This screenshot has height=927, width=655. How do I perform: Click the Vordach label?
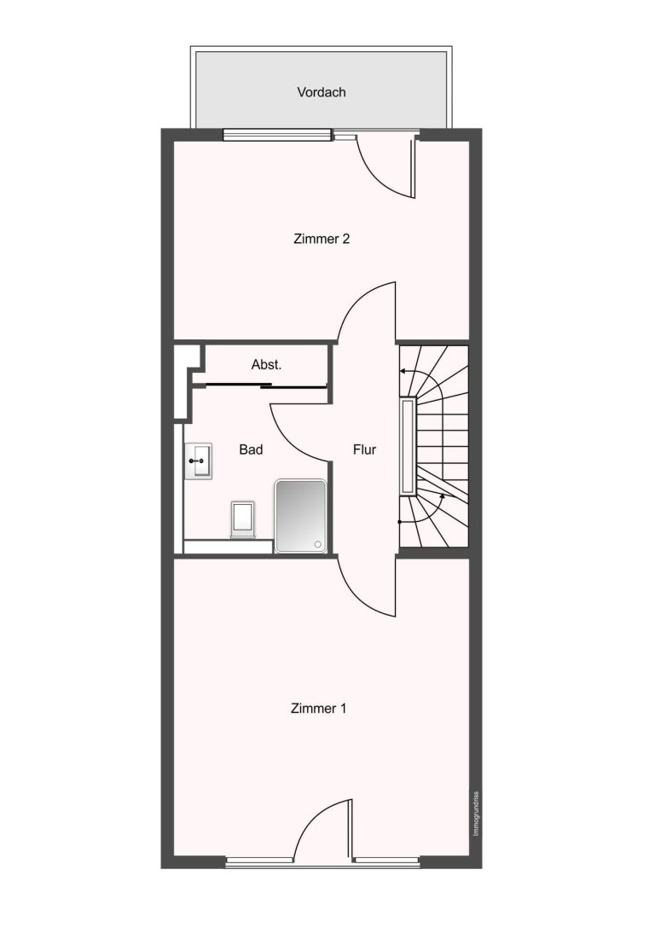tap(321, 92)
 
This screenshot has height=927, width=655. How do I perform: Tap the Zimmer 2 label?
tap(322, 239)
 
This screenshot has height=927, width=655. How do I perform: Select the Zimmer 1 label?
tap(318, 709)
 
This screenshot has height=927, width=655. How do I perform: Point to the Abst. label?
tap(266, 365)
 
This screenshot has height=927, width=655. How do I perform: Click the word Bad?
tap(251, 450)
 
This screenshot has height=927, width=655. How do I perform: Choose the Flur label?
tap(364, 450)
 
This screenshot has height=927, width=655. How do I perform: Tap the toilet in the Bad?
tap(242, 519)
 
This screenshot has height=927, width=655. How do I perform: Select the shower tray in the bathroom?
tap(300, 516)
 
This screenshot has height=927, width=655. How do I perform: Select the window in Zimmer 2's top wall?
tap(277, 136)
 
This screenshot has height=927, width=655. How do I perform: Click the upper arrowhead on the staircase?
tap(403, 371)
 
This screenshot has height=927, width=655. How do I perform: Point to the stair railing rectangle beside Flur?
tap(408, 446)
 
